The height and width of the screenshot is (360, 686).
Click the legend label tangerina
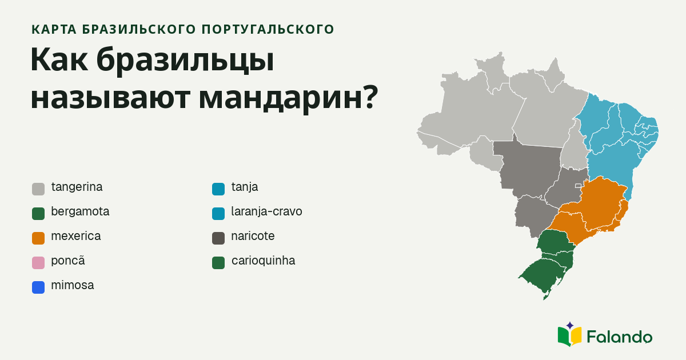[x=77, y=187]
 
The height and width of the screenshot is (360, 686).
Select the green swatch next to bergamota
[x=38, y=214]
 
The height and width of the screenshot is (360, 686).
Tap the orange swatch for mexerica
[x=38, y=238]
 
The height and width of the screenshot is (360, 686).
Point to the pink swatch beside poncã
[x=38, y=263]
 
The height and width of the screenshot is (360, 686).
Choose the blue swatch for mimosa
[x=38, y=287]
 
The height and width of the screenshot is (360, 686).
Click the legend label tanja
[x=245, y=187]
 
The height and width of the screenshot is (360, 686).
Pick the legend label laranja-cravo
[x=267, y=211]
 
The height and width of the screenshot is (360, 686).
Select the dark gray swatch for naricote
[x=218, y=238]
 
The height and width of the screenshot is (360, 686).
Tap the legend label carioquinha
[x=264, y=261]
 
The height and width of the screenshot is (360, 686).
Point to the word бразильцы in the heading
[x=185, y=60]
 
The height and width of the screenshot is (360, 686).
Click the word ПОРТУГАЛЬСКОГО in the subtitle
[x=268, y=29]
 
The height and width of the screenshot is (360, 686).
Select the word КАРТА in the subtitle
[x=54, y=29]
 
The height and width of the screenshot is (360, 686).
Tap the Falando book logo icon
[x=569, y=335]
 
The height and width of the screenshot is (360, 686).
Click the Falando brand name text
[x=620, y=337]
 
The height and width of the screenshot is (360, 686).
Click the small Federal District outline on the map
[x=578, y=186]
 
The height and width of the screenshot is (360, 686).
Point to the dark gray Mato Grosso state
[x=528, y=169]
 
